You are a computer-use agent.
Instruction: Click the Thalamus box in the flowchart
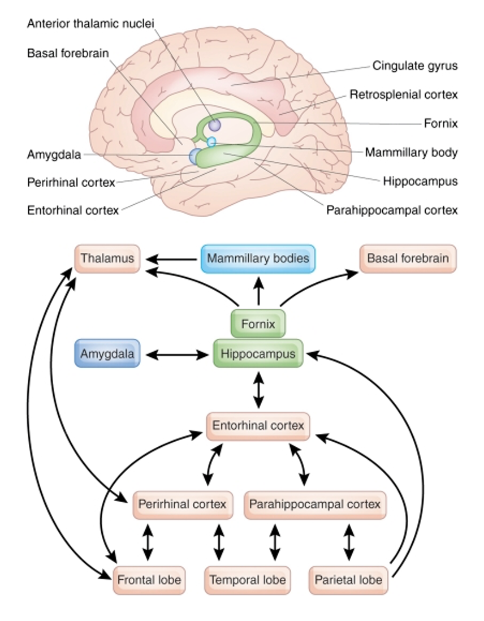[107, 258]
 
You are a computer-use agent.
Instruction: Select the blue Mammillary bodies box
[258, 258]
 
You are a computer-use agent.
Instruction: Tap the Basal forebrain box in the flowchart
[408, 258]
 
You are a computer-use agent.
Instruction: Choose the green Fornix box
[258, 324]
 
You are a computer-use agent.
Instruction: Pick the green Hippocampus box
[258, 354]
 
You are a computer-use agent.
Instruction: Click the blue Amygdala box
[107, 354]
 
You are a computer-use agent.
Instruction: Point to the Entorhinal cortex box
[258, 426]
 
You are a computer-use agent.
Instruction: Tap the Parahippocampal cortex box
[315, 503]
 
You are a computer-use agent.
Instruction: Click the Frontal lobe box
[149, 580]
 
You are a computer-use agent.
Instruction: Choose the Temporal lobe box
[248, 580]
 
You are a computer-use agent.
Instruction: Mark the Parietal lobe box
[348, 580]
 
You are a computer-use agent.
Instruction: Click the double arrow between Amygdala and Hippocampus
[177, 355]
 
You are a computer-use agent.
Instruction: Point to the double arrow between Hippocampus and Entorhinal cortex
[258, 390]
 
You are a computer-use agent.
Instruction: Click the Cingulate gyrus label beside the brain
[414, 66]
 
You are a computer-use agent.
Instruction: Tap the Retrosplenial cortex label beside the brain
[403, 94]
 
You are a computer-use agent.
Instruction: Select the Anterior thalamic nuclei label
[90, 23]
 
